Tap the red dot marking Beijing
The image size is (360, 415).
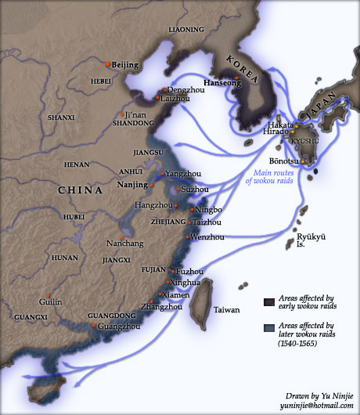tap(107, 63)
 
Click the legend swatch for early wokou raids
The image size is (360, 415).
tap(269, 301)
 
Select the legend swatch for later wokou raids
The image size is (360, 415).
tap(269, 328)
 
